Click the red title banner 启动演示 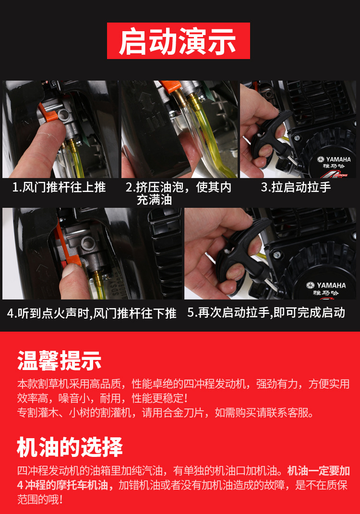(179, 41)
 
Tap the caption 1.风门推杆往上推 (59, 187)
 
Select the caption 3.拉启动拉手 (296, 187)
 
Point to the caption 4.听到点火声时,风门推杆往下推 (92, 313)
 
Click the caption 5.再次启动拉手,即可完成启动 (266, 312)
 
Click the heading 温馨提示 (60, 360)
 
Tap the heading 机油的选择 (70, 447)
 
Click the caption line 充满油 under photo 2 (154, 200)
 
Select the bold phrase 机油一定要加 (318, 471)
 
